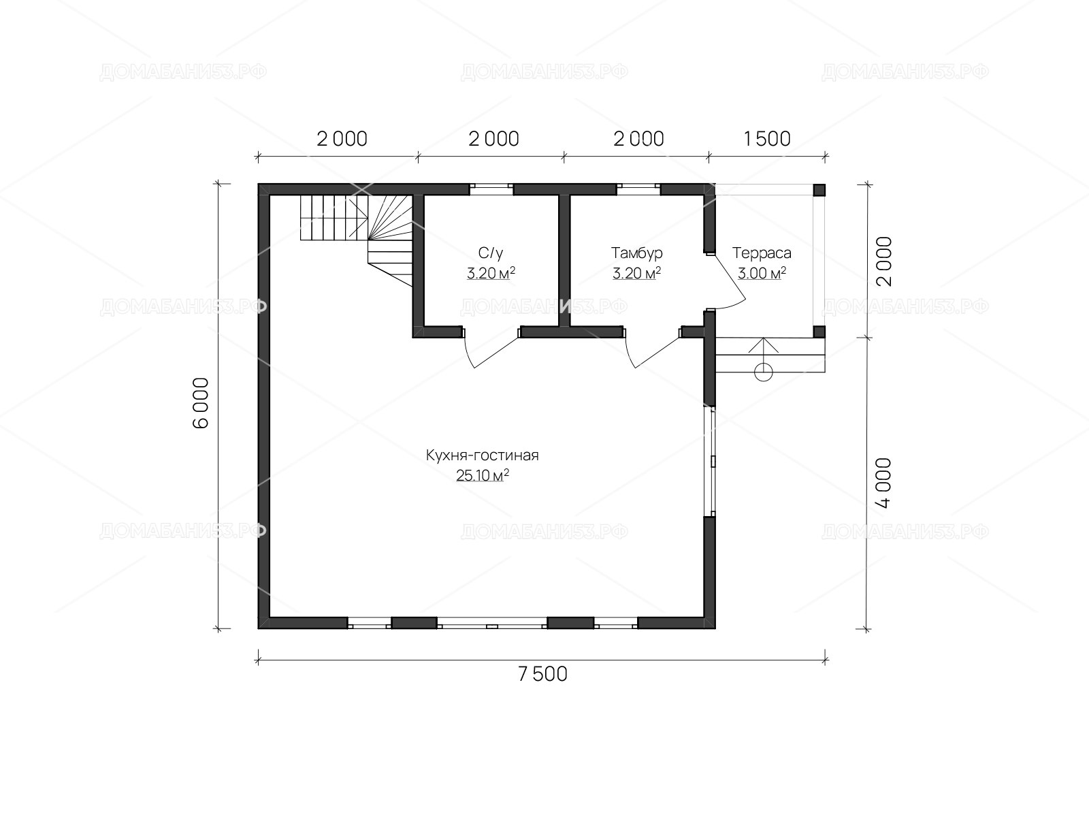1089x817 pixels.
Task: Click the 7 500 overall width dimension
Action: [x=542, y=675]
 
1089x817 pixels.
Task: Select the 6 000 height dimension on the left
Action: [x=201, y=403]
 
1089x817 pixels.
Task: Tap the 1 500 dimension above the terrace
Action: [x=766, y=139]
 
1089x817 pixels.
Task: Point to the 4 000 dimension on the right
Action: [x=883, y=483]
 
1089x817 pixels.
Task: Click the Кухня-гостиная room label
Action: [x=483, y=455]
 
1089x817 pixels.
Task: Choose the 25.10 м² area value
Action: [x=483, y=475]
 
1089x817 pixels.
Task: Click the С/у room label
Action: [x=491, y=253]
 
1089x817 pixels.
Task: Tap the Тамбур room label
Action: [x=637, y=253]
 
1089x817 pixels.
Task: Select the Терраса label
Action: [x=762, y=253]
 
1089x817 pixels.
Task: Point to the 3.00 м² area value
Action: [x=762, y=273]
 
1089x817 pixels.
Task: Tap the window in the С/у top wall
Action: [x=491, y=189]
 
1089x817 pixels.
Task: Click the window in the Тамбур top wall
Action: [x=638, y=189]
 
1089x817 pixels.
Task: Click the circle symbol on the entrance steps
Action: [x=763, y=372]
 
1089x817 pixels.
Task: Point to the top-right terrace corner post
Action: [x=819, y=190]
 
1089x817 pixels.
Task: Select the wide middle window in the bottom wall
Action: [x=491, y=623]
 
